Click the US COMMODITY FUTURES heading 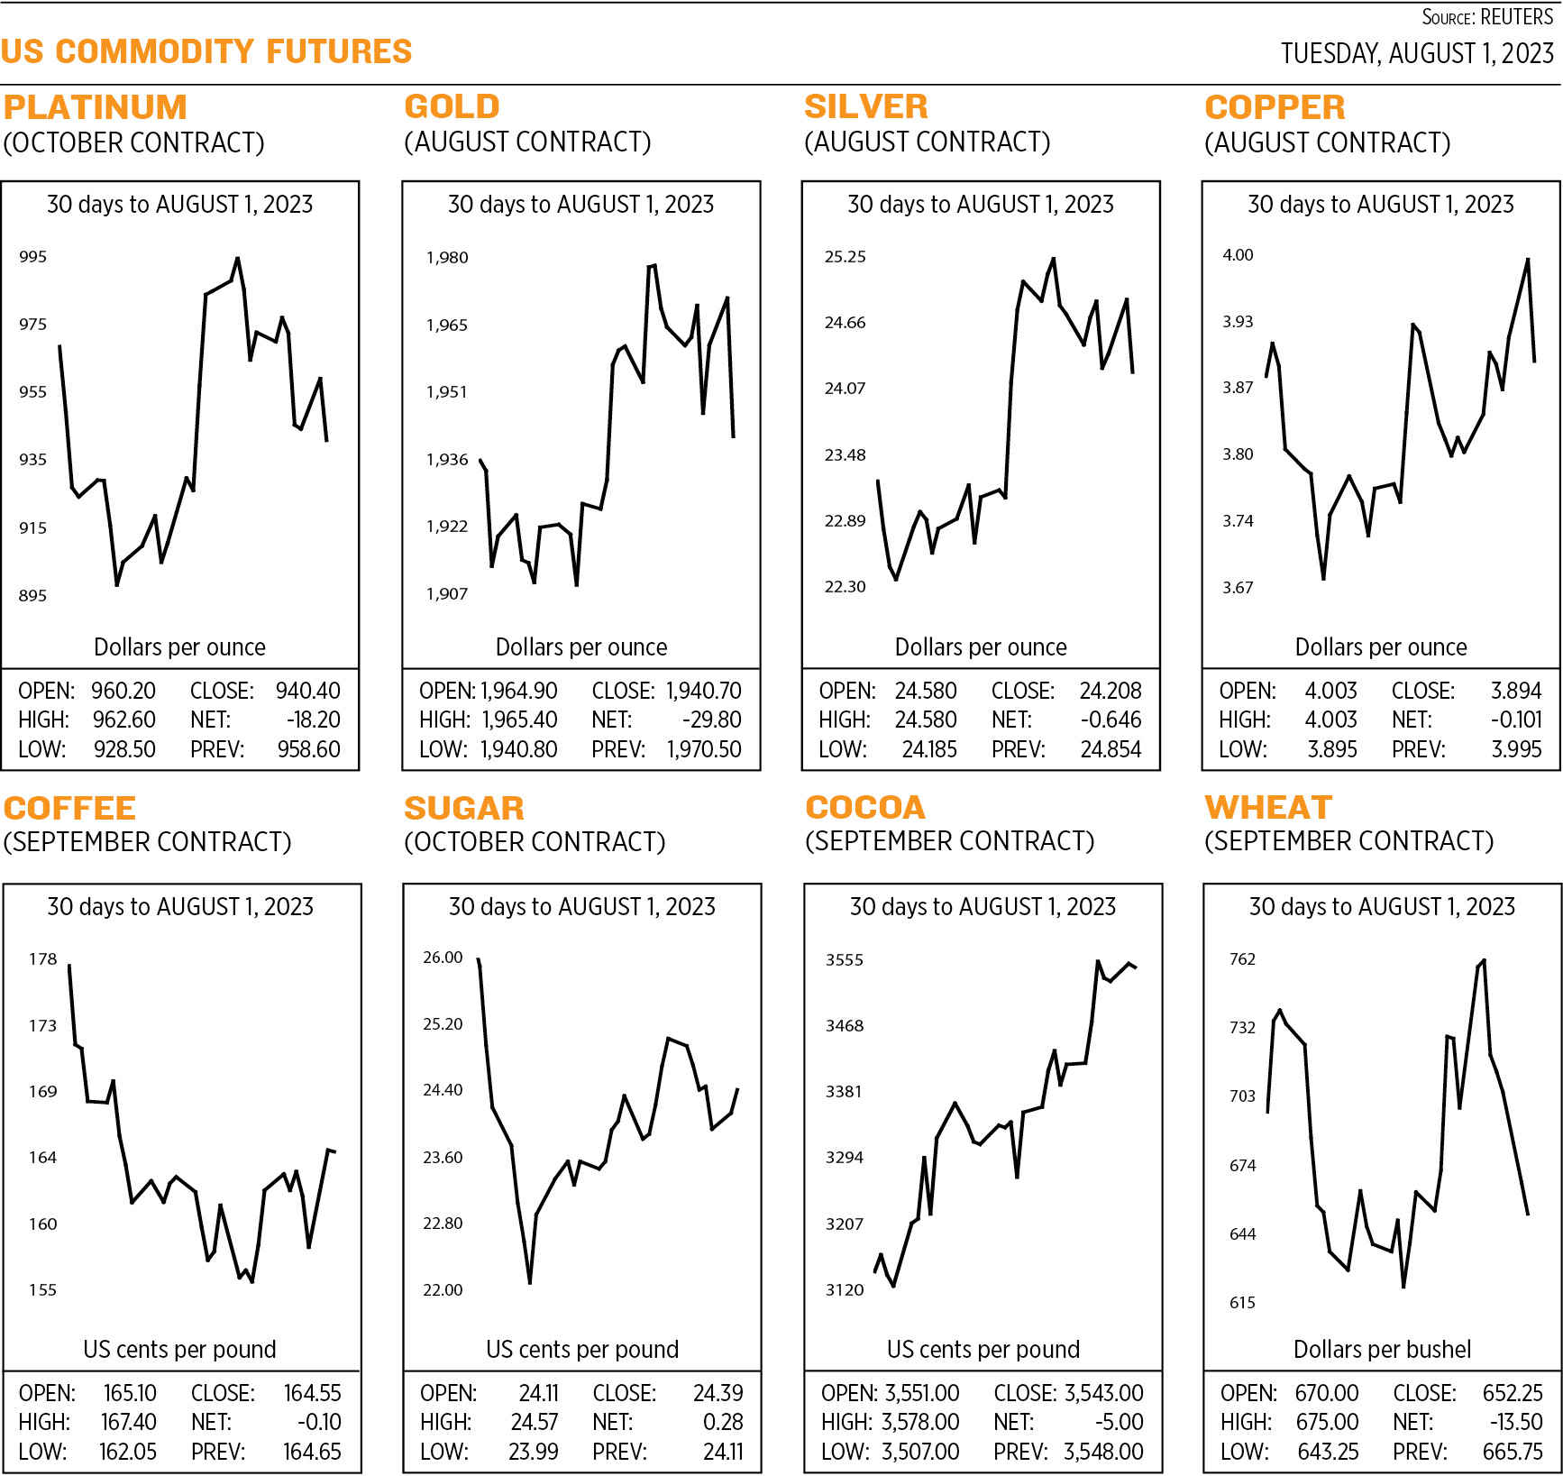[206, 52]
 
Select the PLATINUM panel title [96, 107]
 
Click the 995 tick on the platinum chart [33, 257]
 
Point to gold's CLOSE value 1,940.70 [704, 691]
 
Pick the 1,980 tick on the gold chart [447, 258]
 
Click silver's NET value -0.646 [1111, 720]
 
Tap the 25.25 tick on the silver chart [845, 257]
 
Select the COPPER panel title [1275, 107]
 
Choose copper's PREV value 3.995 [1516, 749]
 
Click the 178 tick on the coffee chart [43, 959]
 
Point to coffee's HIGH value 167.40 [128, 1422]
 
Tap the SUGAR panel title [464, 808]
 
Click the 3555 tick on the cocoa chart [845, 960]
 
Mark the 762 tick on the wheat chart [1242, 959]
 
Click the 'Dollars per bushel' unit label [1382, 1349]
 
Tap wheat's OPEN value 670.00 [1327, 1393]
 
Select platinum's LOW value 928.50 [124, 749]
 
